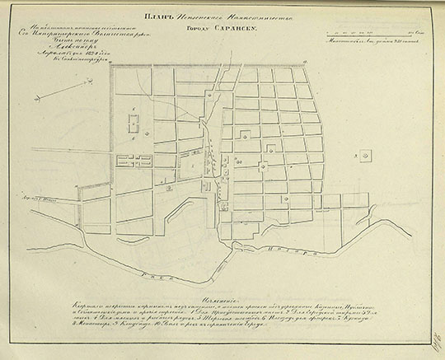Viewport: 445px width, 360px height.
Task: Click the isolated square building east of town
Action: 367,153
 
